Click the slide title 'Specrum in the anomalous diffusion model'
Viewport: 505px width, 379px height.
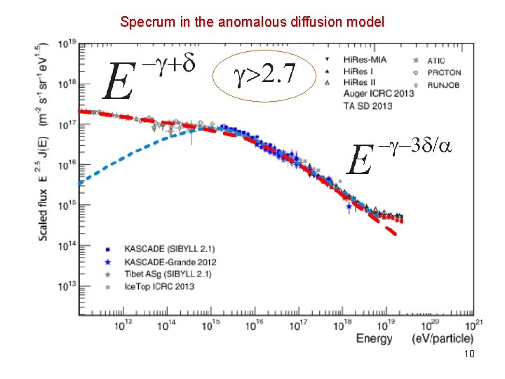252,22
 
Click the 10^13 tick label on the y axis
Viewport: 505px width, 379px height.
67,286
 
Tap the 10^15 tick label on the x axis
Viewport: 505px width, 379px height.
211,324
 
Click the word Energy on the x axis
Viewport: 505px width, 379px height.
375,339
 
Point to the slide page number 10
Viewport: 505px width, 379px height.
469,354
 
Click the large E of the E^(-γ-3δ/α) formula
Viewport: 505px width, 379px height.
359,162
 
